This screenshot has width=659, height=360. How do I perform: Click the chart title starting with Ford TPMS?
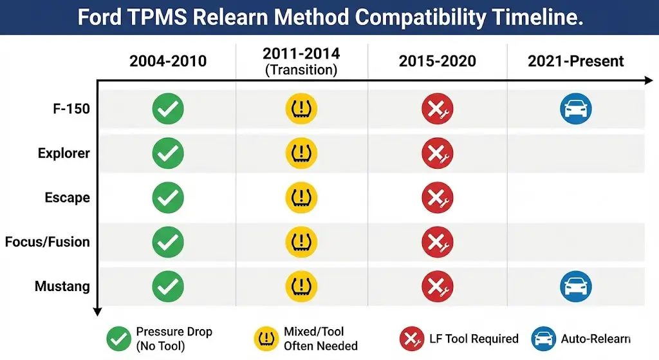pos(329,17)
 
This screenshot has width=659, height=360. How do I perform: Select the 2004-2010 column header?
pos(168,61)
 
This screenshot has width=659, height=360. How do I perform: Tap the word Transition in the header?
pos(301,70)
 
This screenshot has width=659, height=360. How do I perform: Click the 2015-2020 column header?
pos(437,61)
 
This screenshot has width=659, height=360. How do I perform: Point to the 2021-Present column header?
pos(575,61)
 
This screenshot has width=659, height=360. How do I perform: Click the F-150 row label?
pos(71,109)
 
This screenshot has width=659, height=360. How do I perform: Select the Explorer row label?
pos(64,154)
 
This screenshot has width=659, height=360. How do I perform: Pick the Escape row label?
pos(67,198)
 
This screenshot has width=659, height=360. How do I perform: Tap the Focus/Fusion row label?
pos(48,242)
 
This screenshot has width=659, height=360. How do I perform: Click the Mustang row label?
pos(62,286)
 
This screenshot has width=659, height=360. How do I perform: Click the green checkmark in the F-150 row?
pos(168,109)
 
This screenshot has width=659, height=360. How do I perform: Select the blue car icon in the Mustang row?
pos(575,287)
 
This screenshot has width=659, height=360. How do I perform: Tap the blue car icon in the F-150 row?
pos(575,109)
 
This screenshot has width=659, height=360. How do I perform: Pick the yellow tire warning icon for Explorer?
pos(301,154)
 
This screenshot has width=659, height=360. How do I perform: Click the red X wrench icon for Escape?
pos(437,198)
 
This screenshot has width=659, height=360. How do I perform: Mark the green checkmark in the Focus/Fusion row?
pos(168,242)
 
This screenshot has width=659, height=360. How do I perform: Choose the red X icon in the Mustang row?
pos(437,287)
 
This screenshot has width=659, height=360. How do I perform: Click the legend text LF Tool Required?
pos(474,339)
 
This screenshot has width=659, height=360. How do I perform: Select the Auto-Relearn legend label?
pos(595,339)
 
